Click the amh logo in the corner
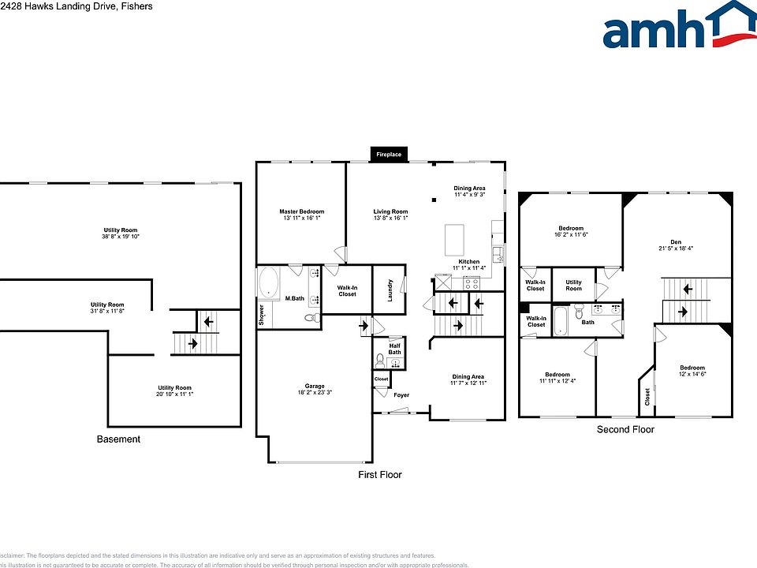(x=679, y=29)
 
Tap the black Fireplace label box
(x=388, y=155)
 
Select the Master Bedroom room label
(x=301, y=211)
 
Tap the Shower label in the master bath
(x=262, y=316)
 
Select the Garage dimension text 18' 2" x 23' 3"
(x=313, y=392)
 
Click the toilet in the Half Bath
(x=380, y=361)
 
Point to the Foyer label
(x=401, y=394)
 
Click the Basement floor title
(x=118, y=439)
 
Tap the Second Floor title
(x=625, y=429)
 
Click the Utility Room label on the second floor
(x=573, y=282)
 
